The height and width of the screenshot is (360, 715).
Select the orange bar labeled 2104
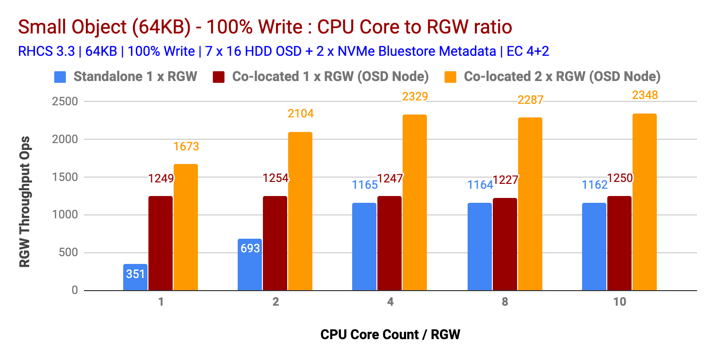[300, 211]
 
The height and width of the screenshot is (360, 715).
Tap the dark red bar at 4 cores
[390, 243]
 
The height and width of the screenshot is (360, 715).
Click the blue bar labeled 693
[250, 264]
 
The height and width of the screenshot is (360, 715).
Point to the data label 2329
[415, 97]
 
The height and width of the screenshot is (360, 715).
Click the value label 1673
[186, 146]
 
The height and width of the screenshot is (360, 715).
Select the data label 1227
[506, 180]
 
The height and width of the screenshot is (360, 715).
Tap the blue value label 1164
[480, 185]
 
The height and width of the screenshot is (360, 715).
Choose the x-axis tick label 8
[505, 302]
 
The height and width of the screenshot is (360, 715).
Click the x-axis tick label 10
[619, 302]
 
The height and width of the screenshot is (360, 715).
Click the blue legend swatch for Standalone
[61, 76]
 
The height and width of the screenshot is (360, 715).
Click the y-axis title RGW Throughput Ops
[24, 201]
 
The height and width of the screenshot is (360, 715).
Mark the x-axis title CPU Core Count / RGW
[390, 335]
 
